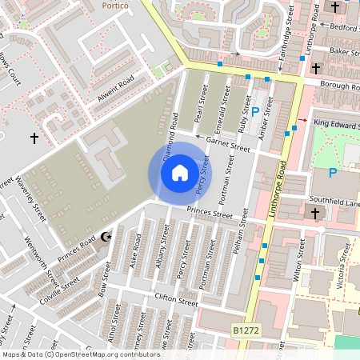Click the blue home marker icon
(180, 172)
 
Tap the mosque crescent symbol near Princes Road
(103, 237)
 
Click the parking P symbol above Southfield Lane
(333, 173)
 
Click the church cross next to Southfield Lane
(315, 214)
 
